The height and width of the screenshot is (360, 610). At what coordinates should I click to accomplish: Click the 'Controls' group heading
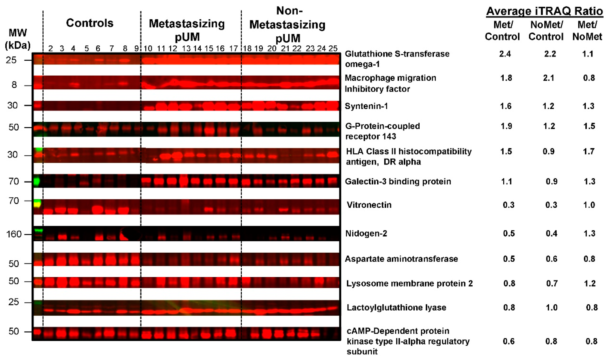(89, 23)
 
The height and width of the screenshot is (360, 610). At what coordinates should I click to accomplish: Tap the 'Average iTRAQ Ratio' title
(544, 11)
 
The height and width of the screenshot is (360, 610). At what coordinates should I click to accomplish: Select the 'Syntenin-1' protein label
(366, 106)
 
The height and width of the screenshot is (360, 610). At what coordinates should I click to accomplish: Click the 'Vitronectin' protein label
(369, 205)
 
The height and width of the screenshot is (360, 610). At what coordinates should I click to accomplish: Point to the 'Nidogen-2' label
(366, 233)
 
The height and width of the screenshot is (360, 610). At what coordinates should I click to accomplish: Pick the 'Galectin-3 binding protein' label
(398, 181)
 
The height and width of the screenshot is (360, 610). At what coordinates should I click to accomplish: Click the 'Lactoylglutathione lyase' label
(396, 307)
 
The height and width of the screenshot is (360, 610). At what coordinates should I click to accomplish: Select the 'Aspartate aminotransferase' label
(401, 259)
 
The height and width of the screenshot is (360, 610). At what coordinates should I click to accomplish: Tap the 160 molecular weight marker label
(14, 234)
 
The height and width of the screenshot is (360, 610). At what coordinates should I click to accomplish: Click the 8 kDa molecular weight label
(14, 85)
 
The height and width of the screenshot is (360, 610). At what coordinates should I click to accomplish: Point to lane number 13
(186, 48)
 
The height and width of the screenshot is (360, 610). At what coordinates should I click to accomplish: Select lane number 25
(333, 48)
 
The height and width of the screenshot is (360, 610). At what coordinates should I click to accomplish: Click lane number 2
(50, 48)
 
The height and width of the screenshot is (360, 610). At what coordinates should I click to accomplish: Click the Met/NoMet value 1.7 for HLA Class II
(588, 151)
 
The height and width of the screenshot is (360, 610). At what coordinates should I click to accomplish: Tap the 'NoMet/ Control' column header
(546, 30)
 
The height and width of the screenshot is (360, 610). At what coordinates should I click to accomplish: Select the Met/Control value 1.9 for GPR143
(506, 126)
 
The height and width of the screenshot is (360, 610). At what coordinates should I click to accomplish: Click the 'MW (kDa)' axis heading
(18, 39)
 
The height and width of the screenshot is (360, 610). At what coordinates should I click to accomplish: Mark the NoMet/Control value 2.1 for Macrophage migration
(548, 78)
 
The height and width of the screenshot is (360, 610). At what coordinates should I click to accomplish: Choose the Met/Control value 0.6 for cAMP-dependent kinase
(509, 341)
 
